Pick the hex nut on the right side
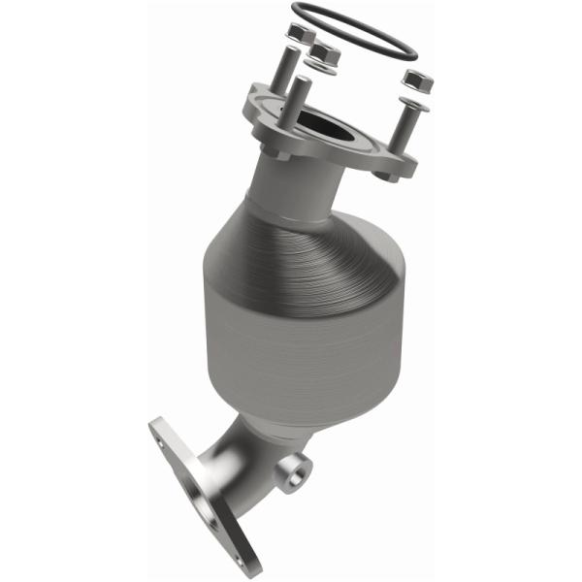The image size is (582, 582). click(x=417, y=81)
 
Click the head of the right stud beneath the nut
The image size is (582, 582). click(x=415, y=100)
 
